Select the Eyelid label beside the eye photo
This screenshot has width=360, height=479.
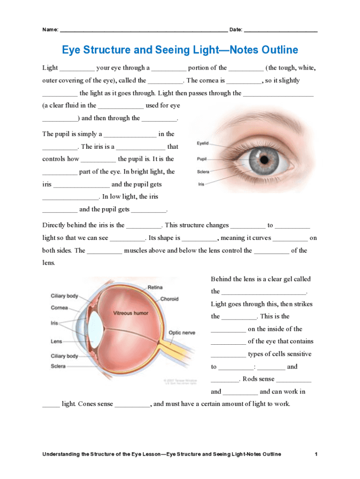203,143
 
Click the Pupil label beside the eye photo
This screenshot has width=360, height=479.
202,159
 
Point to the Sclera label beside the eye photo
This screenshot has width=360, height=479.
203,172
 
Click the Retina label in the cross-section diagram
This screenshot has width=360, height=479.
155,287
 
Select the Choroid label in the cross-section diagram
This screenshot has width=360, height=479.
169,299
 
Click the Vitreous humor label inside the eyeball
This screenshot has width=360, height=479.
130,313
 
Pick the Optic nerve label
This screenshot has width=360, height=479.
182,333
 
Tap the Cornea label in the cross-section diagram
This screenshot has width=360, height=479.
59,308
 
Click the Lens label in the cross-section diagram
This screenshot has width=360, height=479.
56,341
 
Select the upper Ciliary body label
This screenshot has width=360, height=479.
65,296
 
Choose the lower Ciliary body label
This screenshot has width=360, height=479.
65,356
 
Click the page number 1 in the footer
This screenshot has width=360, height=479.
317,454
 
